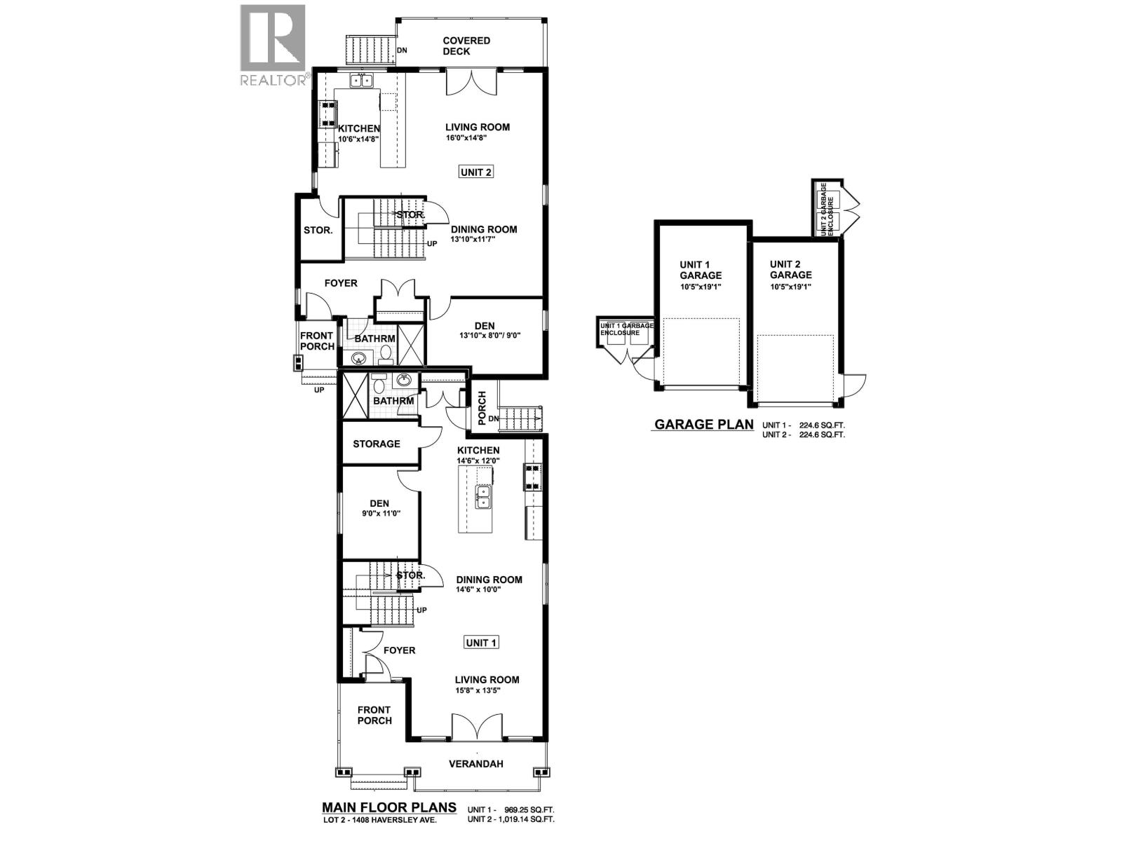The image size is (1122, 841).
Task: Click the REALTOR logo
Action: [x=273, y=45]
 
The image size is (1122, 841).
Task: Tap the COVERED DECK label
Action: [x=466, y=46]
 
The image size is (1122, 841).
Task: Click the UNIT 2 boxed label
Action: [x=475, y=172]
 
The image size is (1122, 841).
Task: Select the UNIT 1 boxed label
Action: [x=482, y=643]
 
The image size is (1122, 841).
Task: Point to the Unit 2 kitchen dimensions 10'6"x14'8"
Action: [x=359, y=139]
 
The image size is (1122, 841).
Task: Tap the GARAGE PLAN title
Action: [x=703, y=424]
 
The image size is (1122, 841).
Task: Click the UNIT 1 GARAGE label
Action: [x=700, y=270]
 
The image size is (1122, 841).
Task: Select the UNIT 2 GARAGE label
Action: [x=790, y=270]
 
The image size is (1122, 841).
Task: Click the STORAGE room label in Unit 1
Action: [x=377, y=444]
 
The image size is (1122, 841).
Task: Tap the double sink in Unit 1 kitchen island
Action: [x=484, y=496]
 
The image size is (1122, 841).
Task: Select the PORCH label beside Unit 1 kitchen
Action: [x=482, y=408]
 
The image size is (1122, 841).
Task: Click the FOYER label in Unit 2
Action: [x=341, y=283]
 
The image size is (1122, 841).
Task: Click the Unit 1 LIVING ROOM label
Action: [x=487, y=679]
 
